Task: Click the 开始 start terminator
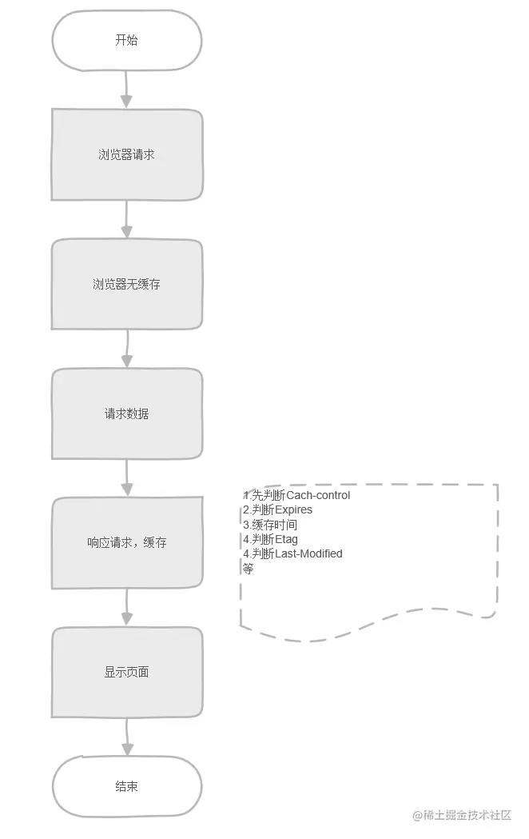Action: pos(127,40)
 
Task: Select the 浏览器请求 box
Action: pos(127,154)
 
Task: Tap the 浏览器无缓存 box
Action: pos(127,284)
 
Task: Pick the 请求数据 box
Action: pos(127,414)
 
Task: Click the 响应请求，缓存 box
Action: pos(127,542)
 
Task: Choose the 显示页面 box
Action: pos(127,672)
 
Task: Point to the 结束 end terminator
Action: pos(127,786)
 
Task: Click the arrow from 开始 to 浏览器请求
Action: pos(126,89)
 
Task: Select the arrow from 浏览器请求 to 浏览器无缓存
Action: pos(126,218)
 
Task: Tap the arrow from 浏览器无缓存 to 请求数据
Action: pos(126,348)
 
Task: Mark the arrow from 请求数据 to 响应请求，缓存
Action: pos(126,477)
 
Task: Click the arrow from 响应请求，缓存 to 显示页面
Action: pos(126,607)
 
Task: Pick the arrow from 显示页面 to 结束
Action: pos(126,737)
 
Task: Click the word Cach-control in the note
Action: pos(318,495)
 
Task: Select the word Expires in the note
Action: pos(294,509)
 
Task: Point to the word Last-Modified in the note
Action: pos(308,553)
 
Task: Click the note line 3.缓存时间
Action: pos(270,525)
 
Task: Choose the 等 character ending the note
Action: pos(248,569)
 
